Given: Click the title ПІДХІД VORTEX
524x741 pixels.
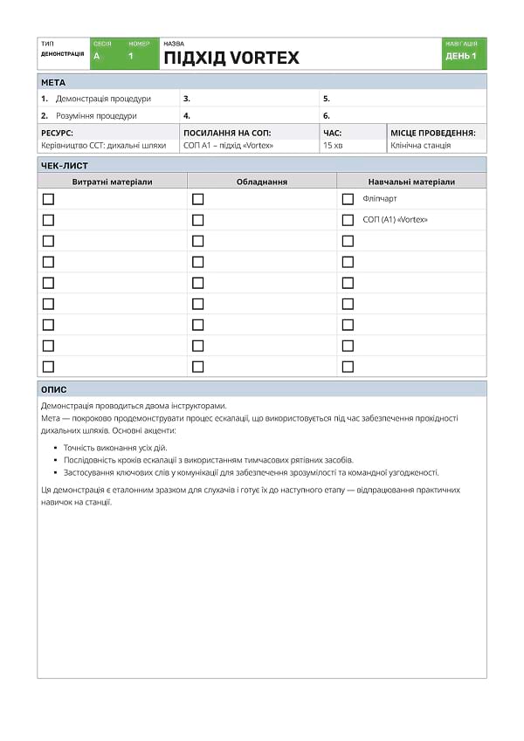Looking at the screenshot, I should (x=231, y=58).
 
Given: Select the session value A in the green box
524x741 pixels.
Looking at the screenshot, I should (x=96, y=56).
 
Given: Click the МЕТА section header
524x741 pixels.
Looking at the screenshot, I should (x=53, y=82).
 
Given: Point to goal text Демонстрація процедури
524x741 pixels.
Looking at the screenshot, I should (x=103, y=99).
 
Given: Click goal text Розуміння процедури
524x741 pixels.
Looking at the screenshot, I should (x=96, y=115).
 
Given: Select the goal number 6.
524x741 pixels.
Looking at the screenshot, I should (x=327, y=115).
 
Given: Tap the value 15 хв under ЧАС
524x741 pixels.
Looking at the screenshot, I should (x=333, y=146).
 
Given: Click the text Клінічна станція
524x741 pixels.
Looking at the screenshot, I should (x=420, y=146).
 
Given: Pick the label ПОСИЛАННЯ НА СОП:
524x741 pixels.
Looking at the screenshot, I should (x=227, y=133).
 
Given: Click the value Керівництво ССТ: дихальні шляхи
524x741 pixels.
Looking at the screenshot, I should (x=103, y=146).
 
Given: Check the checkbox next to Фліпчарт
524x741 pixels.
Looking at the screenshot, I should (x=348, y=199).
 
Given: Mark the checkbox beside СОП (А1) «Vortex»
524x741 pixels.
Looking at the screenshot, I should (x=348, y=220).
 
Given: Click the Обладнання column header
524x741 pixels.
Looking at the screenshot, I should (x=261, y=182).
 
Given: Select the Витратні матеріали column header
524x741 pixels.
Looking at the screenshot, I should (x=112, y=182).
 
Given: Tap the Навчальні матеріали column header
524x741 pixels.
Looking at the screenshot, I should (x=411, y=182).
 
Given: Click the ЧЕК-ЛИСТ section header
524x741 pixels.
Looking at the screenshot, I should (x=65, y=165).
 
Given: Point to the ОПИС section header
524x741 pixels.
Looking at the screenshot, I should (x=54, y=390).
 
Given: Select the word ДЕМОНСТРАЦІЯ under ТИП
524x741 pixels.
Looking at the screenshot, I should (x=62, y=54).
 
